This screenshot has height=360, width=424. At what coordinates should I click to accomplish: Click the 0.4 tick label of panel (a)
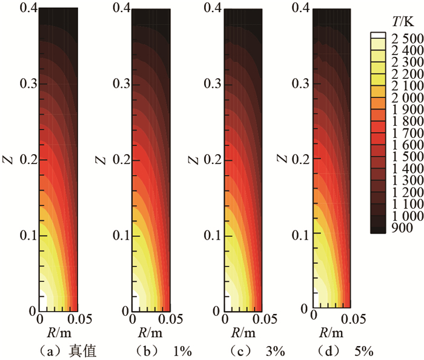coord(28,8)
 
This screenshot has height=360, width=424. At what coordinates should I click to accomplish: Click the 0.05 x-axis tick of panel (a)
coord(78,319)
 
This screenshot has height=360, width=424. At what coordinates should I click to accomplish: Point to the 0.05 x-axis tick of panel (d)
coord(351,318)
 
